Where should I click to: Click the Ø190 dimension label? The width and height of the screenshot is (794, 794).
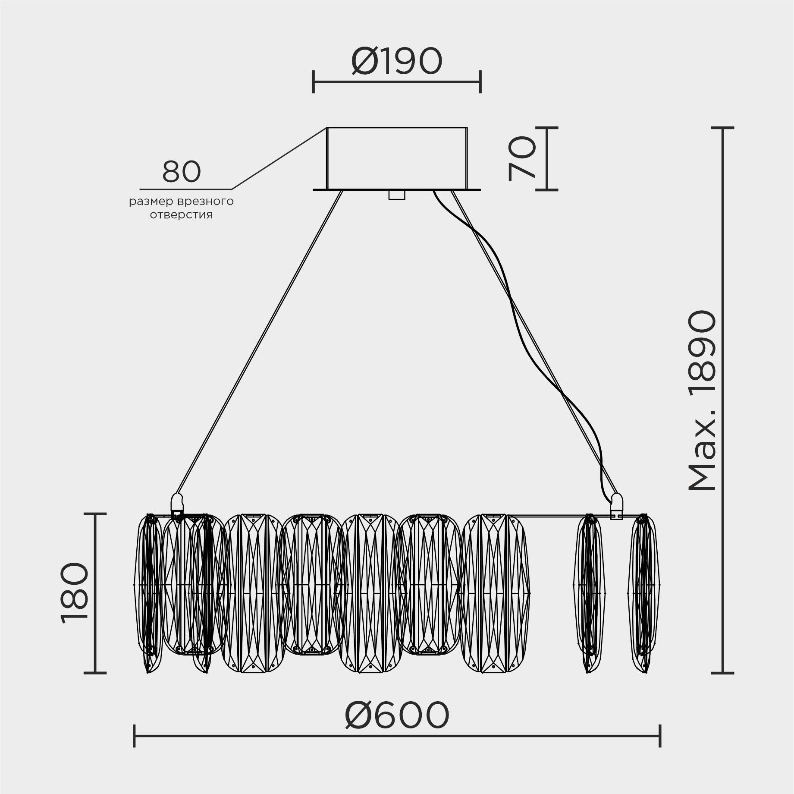[x=397, y=61]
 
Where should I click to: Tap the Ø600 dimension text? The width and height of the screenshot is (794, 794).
[x=397, y=715]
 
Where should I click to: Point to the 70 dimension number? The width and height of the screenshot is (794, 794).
[x=522, y=158]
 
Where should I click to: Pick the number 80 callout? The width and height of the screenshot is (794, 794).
[x=182, y=172]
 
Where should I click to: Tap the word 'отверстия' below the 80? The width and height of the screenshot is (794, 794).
[x=182, y=215]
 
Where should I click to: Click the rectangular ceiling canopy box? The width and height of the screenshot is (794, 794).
[x=397, y=158]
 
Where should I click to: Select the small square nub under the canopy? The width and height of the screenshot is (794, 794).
[x=397, y=195]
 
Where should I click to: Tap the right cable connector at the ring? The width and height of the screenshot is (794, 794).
[x=616, y=504]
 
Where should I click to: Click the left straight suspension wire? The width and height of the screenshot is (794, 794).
[x=259, y=345]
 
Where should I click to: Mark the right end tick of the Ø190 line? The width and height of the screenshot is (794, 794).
[x=480, y=81]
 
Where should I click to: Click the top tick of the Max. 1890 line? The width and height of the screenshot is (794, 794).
[x=722, y=128]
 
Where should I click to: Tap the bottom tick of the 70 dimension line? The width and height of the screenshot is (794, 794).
[x=546, y=189]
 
